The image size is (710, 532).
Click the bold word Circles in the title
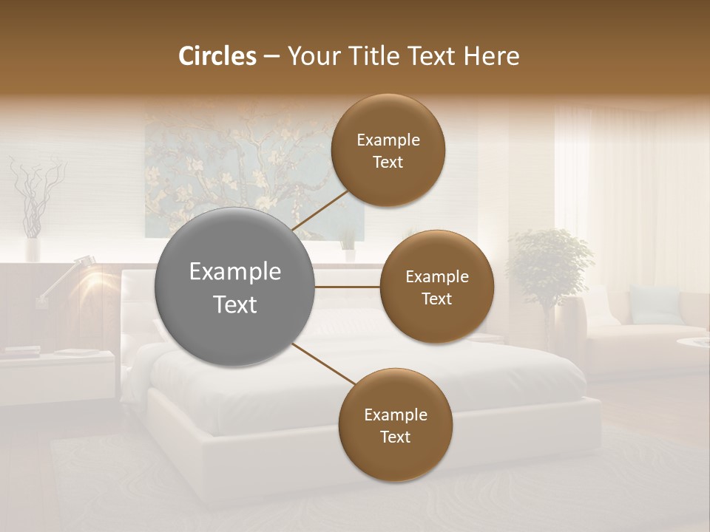[217, 56]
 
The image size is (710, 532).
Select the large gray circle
[235, 287]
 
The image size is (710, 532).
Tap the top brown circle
[388, 150]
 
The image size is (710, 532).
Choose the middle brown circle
[436, 287]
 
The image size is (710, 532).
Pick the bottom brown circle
[395, 425]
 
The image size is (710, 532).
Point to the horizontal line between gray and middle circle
[348, 287]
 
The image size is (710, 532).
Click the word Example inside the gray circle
[235, 271]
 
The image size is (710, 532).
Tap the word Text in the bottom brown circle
[395, 437]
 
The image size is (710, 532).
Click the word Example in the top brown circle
[388, 140]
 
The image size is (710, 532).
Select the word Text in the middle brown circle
[436, 299]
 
